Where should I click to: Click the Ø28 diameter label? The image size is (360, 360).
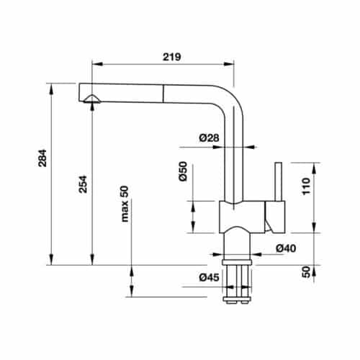pos(209,138)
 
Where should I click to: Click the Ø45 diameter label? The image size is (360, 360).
pos(210,277)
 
